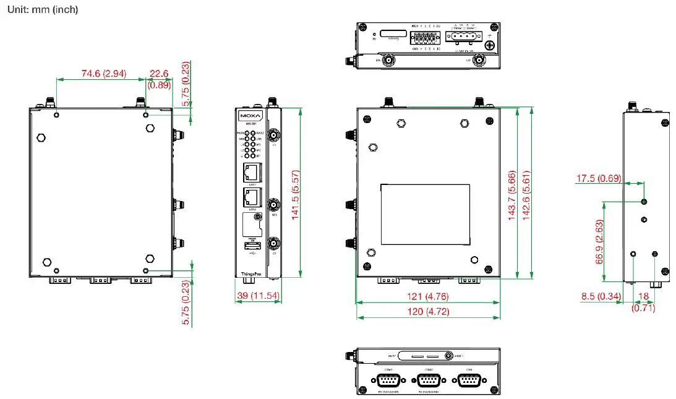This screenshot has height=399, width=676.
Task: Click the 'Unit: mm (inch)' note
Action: [43, 11]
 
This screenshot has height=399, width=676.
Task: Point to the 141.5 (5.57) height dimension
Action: [296, 192]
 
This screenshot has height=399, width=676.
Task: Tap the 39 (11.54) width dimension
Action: [259, 297]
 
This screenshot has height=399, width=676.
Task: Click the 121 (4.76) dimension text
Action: [427, 296]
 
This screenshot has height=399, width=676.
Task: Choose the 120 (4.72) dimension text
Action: [427, 311]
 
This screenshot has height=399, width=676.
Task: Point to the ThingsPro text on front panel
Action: [250, 272]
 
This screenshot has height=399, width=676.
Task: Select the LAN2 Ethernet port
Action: [251, 197]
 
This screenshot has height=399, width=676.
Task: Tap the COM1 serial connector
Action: [388, 380]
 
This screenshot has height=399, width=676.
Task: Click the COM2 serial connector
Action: [428, 380]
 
